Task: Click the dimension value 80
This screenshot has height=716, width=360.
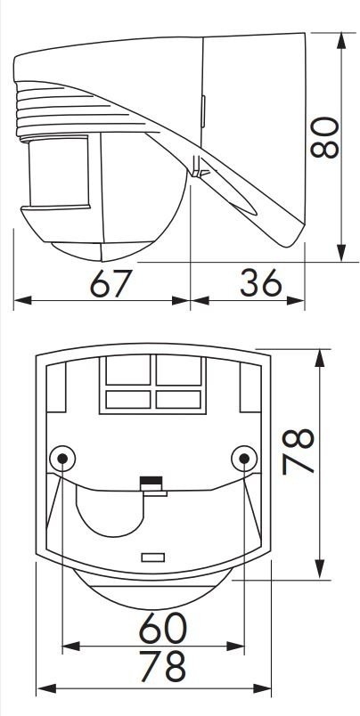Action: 323,137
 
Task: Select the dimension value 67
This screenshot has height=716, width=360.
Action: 111,283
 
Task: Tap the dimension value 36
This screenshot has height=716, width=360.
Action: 261,282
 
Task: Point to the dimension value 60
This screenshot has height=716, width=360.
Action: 163,628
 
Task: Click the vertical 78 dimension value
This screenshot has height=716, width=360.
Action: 298,452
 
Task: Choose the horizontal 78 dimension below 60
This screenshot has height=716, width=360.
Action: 163,666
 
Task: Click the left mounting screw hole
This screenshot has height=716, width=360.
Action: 62,458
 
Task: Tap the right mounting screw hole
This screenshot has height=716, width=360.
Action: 244,458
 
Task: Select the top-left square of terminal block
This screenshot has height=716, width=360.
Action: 128,370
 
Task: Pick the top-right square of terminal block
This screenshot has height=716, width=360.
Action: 178,370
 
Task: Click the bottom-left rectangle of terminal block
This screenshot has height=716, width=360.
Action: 128,400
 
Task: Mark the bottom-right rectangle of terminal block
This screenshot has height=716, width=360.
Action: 178,400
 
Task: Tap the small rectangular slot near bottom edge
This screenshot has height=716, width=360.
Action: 153,557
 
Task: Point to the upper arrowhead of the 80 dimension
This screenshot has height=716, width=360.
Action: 341,41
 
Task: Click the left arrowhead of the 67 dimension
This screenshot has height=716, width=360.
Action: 23,300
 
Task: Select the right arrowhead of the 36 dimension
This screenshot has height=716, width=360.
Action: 296,300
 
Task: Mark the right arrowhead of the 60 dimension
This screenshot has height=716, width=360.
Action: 235,647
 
